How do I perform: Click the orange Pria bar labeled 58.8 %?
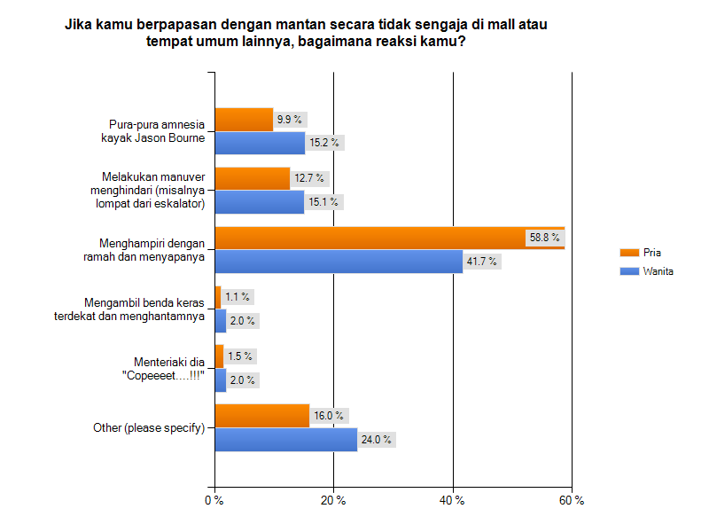click(390, 238)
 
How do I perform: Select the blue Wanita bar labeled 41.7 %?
click(339, 261)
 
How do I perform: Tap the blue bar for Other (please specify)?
click(285, 439)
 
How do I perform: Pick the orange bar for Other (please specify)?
click(262, 415)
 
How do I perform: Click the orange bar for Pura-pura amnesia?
click(244, 119)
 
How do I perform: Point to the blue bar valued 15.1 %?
click(260, 201)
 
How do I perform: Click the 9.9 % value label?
click(289, 119)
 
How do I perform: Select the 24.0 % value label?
click(376, 439)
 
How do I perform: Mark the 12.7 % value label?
click(309, 178)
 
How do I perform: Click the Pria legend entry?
click(651, 253)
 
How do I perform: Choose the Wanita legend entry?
click(658, 271)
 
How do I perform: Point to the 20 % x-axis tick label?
click(333, 501)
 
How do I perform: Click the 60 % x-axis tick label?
click(573, 501)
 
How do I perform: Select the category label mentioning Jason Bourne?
click(158, 130)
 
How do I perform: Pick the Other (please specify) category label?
click(149, 427)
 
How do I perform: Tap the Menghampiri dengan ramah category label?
click(152, 249)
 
